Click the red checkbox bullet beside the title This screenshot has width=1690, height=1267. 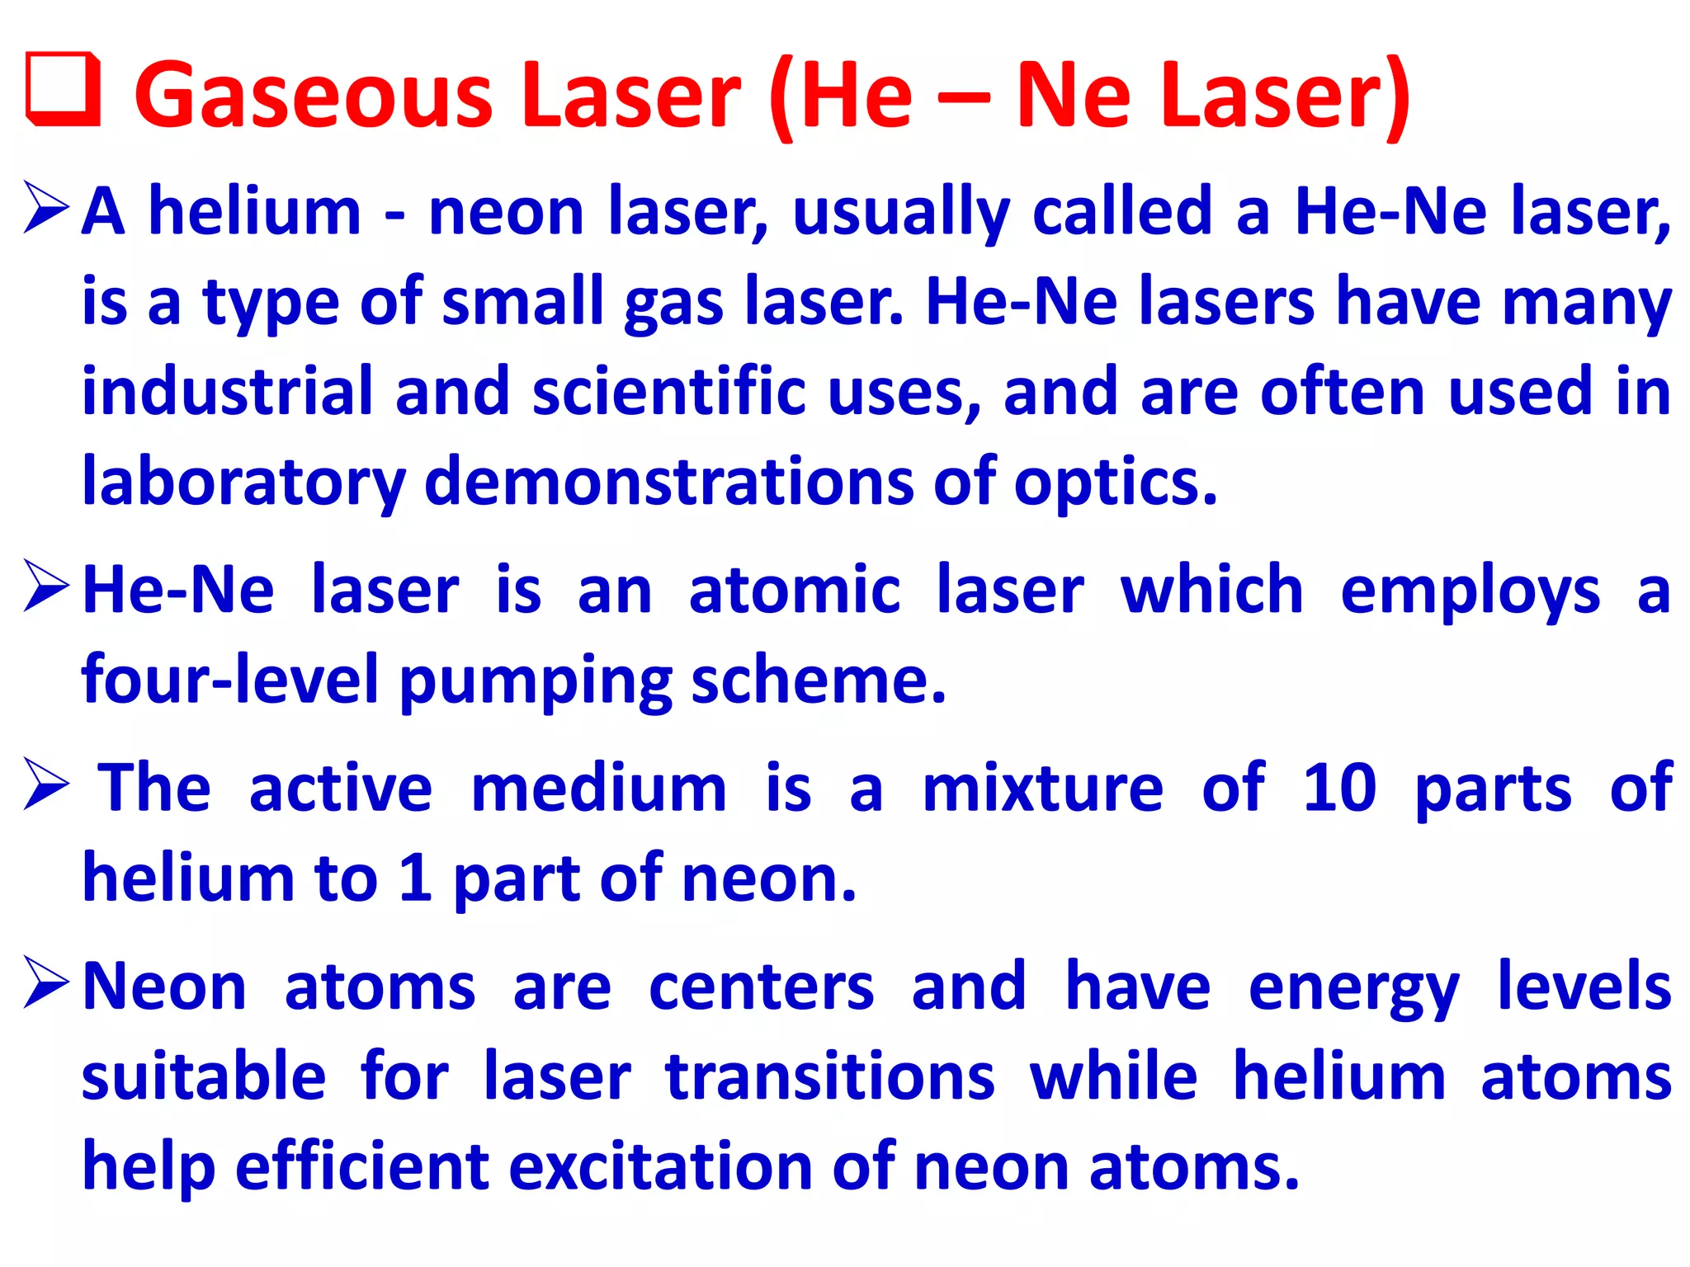(x=64, y=91)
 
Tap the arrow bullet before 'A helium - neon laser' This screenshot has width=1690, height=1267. (x=46, y=207)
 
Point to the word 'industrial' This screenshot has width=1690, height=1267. (x=228, y=391)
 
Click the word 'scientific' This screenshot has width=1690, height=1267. (x=668, y=391)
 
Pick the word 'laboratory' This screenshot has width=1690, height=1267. (x=243, y=483)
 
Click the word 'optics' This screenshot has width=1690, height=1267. (x=1114, y=483)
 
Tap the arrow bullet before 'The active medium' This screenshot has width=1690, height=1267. (x=46, y=784)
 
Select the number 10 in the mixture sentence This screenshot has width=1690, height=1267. (x=1339, y=788)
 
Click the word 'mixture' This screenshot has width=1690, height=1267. (x=1042, y=789)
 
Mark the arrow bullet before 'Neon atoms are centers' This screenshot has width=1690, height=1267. (x=46, y=982)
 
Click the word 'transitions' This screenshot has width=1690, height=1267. (x=830, y=1077)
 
